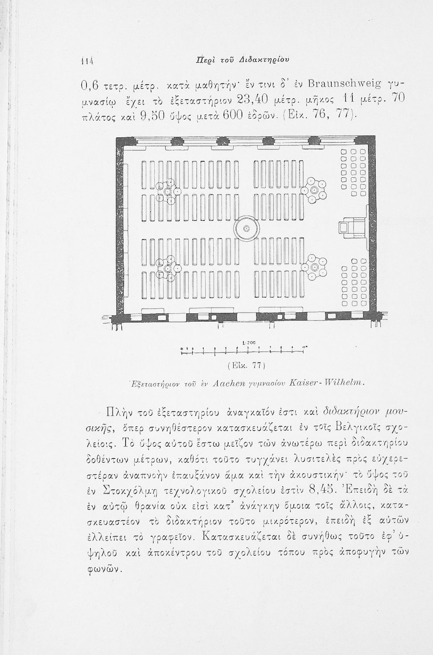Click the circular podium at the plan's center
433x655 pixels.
pyautogui.click(x=246, y=228)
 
